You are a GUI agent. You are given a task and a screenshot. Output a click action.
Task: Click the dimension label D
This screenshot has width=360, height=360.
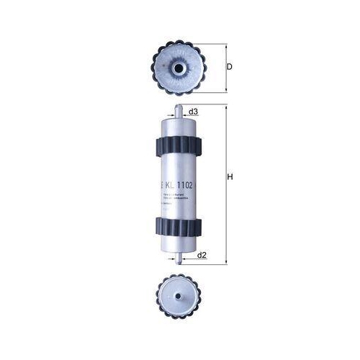[229, 67]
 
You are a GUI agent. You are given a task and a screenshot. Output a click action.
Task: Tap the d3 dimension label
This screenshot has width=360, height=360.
[193, 112]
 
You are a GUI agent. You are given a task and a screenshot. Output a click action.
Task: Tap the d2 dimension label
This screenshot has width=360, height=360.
[202, 255]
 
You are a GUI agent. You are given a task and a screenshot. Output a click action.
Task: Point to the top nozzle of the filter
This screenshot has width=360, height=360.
[176, 109]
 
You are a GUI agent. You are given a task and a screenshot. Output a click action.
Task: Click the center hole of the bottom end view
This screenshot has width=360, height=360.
[177, 295]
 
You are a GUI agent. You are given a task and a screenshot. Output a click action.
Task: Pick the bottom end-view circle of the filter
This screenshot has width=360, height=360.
[177, 295]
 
